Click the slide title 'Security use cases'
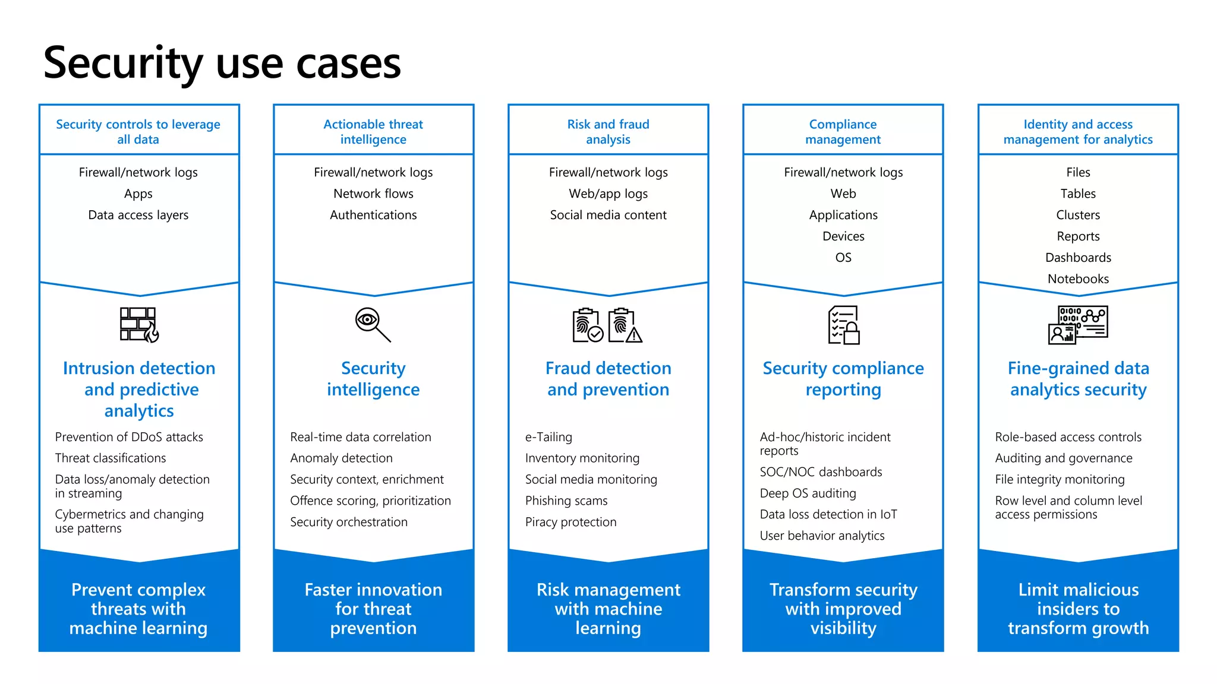click(x=222, y=63)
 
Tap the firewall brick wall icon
click(x=138, y=324)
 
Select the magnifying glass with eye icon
click(x=373, y=324)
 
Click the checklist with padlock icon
click(x=844, y=325)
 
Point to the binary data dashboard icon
click(x=1078, y=325)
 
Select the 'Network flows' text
click(x=373, y=194)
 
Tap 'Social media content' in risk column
click(x=608, y=215)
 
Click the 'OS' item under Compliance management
click(x=843, y=258)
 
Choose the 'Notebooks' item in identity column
click(x=1078, y=279)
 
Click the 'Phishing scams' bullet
click(x=566, y=501)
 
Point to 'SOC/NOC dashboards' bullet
click(x=821, y=472)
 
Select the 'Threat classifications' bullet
click(x=111, y=458)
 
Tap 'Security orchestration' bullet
click(x=349, y=522)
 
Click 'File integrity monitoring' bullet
click(x=1060, y=479)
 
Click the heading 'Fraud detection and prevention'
click(x=608, y=379)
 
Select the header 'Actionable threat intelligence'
click(x=373, y=132)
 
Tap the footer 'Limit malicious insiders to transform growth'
click(x=1078, y=609)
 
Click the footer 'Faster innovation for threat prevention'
click(x=373, y=609)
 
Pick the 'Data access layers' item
click(x=138, y=215)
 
